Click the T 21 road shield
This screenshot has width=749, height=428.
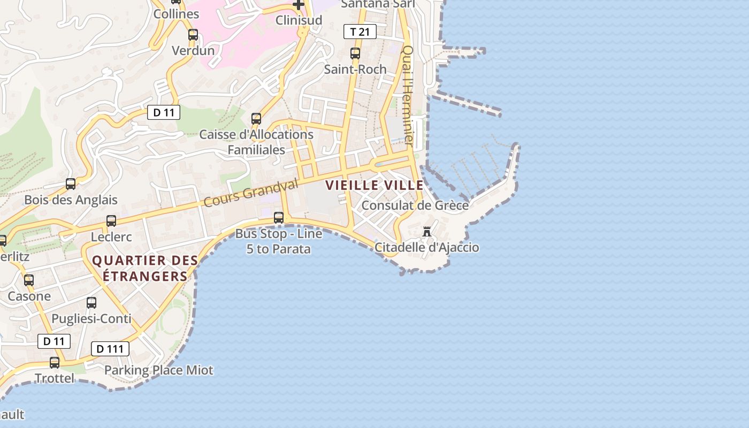point(360,32)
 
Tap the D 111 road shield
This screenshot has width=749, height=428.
point(110,349)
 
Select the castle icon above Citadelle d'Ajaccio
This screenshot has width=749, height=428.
point(427,232)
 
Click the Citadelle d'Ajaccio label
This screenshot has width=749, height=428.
point(426,248)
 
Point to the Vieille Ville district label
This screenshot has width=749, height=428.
point(374,186)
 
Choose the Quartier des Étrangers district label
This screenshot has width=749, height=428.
point(145,269)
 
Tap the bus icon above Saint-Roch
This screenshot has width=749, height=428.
point(355,53)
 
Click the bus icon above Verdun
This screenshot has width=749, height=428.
point(193,35)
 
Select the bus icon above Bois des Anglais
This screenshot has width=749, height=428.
point(71,184)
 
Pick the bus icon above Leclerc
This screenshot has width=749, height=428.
point(111,220)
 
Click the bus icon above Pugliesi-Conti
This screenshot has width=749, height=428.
point(91,303)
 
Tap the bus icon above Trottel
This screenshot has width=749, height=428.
point(55,363)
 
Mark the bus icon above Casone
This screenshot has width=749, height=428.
point(29,280)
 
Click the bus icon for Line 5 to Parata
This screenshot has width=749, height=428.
point(279,218)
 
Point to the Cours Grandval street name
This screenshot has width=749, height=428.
point(250,193)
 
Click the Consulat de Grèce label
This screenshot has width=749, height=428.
point(415,205)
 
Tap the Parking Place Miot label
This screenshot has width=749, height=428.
point(158,370)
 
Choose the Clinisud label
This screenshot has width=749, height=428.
point(299,20)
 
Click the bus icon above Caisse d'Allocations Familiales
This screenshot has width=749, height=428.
point(256,119)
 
